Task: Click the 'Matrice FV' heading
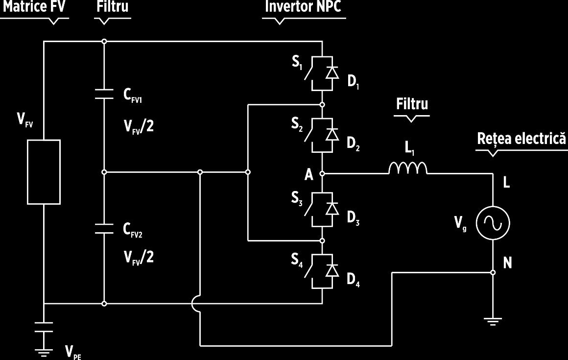[34, 6]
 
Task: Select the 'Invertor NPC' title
[303, 6]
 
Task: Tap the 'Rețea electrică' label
[521, 139]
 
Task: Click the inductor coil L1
[408, 168]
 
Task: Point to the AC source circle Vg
[493, 223]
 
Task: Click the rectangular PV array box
[44, 172]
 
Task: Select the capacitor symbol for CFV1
[104, 94]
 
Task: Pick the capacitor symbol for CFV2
[104, 228]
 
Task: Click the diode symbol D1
[332, 73]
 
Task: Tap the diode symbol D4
[332, 270]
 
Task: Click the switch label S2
[297, 124]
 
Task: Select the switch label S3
[297, 198]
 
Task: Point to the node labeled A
[322, 174]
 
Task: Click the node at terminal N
[493, 272]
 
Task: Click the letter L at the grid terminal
[507, 183]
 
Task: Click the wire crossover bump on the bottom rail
[194, 304]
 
